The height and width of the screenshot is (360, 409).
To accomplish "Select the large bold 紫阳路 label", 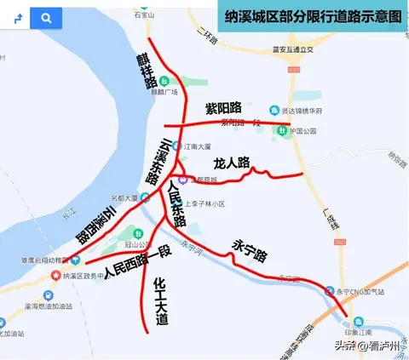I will point(224,108).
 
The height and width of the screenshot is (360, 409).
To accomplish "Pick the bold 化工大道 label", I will point(160,301).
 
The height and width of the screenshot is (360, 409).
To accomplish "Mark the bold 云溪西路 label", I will point(94,223).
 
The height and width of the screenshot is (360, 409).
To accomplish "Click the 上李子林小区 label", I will point(204,203).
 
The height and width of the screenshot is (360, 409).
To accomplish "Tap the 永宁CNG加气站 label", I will point(363,293).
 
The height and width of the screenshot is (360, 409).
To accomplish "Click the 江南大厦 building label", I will point(199,146).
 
